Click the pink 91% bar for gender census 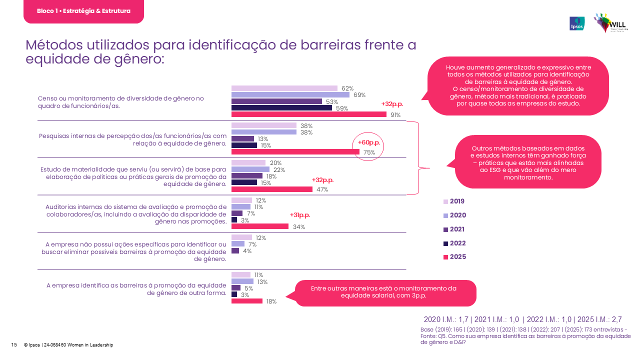pyautogui.click(x=308, y=114)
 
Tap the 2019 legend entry pyautogui.click(x=454, y=201)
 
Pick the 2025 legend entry pyautogui.click(x=454, y=257)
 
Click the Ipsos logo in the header pyautogui.click(x=577, y=23)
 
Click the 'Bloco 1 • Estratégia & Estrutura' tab pyautogui.click(x=83, y=11)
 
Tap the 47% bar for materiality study pyautogui.click(x=272, y=189)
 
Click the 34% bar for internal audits pyautogui.click(x=260, y=226)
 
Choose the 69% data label pyautogui.click(x=359, y=95)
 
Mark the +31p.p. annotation pyautogui.click(x=300, y=215)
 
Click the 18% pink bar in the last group pyautogui.click(x=247, y=301)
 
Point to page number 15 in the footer pyautogui.click(x=14, y=345)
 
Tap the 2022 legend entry pyautogui.click(x=454, y=243)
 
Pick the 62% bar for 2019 pyautogui.click(x=284, y=88)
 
